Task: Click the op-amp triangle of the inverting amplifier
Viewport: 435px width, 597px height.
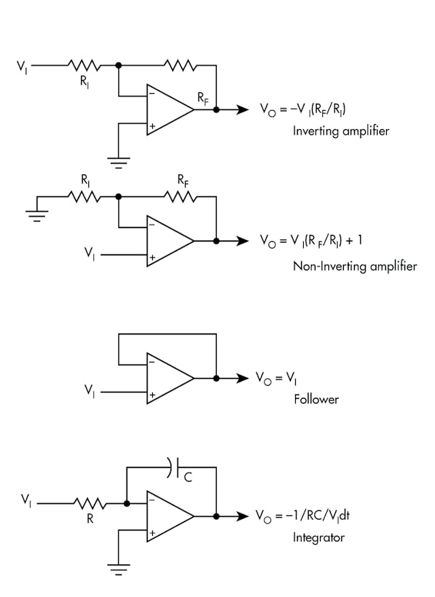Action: tap(168, 110)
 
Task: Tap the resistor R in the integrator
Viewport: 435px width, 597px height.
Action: tap(90, 504)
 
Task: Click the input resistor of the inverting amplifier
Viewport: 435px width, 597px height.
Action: tap(84, 66)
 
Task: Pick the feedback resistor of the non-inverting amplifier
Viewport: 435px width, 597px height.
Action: tap(180, 197)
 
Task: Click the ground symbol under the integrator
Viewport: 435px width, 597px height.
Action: tap(118, 570)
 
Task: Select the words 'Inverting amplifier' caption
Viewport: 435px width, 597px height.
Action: tap(341, 130)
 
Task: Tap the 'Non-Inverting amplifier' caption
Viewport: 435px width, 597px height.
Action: tap(354, 266)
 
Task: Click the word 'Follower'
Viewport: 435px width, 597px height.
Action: tap(316, 399)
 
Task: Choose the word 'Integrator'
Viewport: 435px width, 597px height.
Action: tap(319, 537)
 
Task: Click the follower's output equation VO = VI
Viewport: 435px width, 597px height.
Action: tap(279, 378)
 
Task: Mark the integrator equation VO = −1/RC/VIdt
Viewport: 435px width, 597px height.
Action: tap(302, 515)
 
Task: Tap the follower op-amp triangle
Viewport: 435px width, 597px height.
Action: tap(168, 378)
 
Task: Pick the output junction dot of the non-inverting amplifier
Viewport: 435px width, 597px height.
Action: tap(216, 240)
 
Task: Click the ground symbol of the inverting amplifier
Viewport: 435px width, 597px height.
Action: tap(118, 161)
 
